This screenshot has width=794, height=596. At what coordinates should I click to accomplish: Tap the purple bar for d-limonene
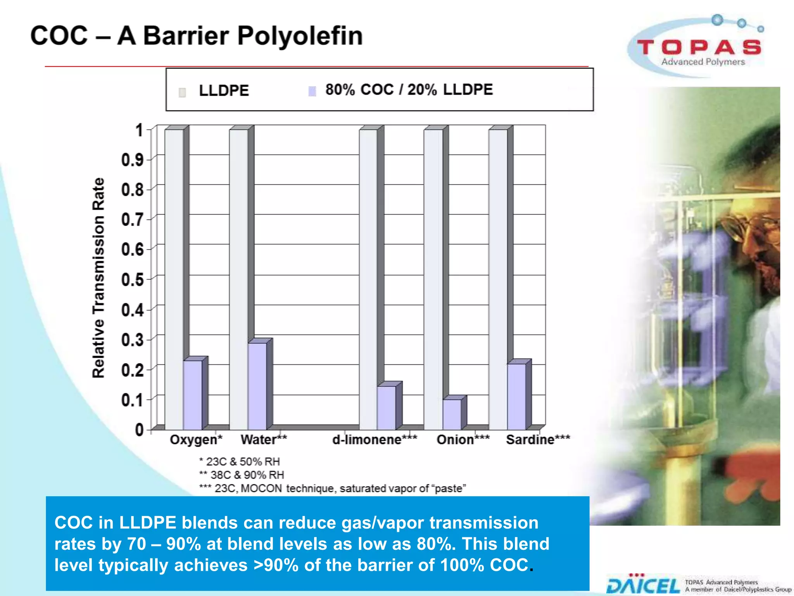click(387, 407)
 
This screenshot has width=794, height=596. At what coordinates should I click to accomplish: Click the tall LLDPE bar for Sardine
click(498, 279)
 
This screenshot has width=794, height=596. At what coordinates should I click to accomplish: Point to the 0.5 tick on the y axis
click(133, 280)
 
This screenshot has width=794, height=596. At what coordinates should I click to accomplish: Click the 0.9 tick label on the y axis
click(133, 160)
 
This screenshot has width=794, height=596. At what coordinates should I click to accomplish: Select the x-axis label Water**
click(264, 440)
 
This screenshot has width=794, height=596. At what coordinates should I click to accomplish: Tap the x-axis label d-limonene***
click(375, 440)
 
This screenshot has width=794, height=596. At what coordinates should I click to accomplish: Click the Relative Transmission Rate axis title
click(98, 278)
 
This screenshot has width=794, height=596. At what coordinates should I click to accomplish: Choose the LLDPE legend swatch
click(182, 92)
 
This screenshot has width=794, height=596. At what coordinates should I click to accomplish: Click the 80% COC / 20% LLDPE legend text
click(409, 90)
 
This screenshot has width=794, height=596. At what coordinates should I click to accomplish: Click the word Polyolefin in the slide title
click(300, 36)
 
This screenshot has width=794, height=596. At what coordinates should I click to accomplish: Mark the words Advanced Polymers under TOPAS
click(703, 62)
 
